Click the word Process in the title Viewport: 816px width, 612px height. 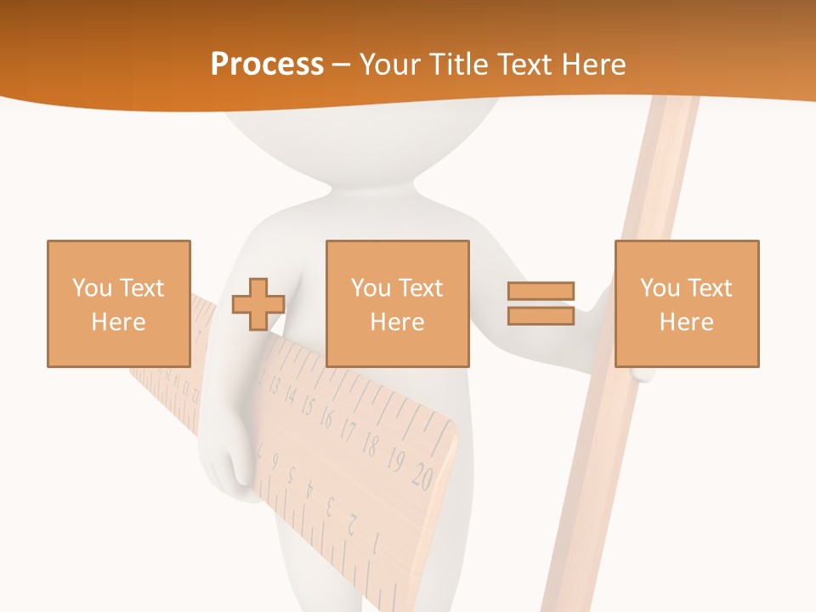pyautogui.click(x=267, y=65)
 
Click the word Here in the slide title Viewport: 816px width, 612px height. pyautogui.click(x=594, y=65)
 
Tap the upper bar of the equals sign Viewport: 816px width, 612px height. pyautogui.click(x=541, y=292)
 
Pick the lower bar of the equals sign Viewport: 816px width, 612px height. pyautogui.click(x=541, y=315)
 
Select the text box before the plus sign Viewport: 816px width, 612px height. pyautogui.click(x=119, y=303)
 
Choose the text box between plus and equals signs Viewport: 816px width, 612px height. pyautogui.click(x=398, y=303)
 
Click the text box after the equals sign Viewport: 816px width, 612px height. pyautogui.click(x=687, y=303)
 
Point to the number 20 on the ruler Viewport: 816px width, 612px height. pyautogui.click(x=422, y=478)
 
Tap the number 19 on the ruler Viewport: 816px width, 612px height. pyautogui.click(x=395, y=461)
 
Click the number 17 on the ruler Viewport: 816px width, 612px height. pyautogui.click(x=348, y=430)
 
